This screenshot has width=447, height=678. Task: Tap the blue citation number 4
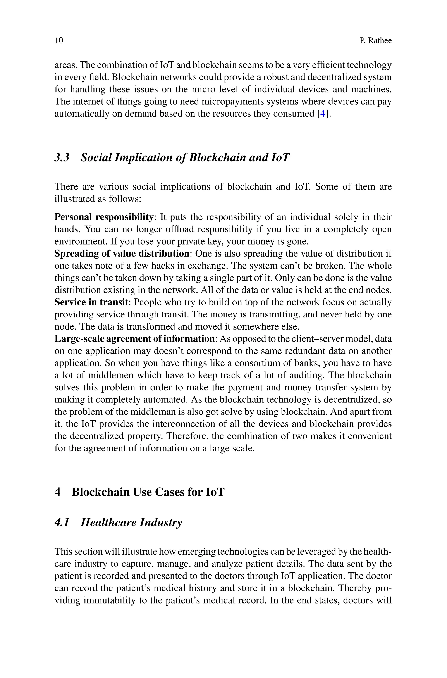coord(323,114)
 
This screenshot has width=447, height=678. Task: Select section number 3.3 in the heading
coord(62,157)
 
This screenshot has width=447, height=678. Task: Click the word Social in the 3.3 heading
coord(96,157)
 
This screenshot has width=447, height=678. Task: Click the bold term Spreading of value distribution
coord(122,254)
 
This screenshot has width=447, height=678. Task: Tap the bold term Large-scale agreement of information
coord(134,339)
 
